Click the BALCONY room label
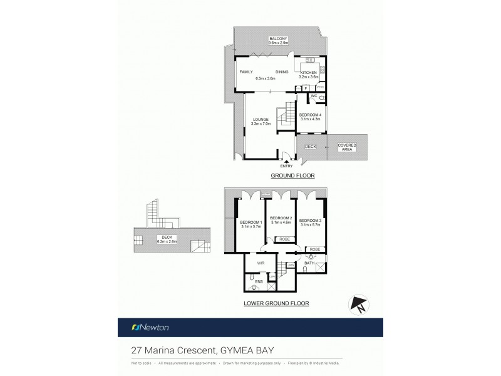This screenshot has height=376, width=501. point(278,39)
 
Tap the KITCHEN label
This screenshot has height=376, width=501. point(308,73)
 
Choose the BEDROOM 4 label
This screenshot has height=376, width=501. point(309,115)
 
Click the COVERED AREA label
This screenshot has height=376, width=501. point(346,147)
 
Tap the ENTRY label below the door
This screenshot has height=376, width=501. point(286,165)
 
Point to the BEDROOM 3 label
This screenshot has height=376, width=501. point(309,221)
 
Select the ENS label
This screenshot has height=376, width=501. point(258,281)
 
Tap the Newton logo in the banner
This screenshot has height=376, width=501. point(150,327)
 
